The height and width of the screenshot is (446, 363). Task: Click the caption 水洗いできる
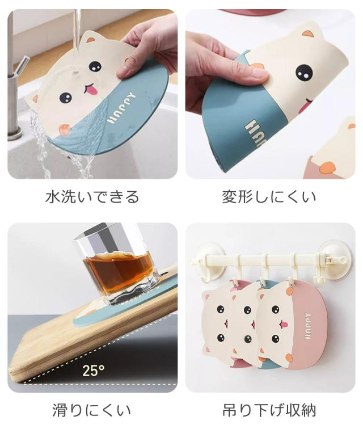pyautogui.click(x=92, y=197)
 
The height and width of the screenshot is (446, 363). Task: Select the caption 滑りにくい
pyautogui.click(x=92, y=410)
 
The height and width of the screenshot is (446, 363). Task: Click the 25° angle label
pyautogui.click(x=93, y=371)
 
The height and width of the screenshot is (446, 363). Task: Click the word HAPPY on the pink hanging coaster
pyautogui.click(x=307, y=326)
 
